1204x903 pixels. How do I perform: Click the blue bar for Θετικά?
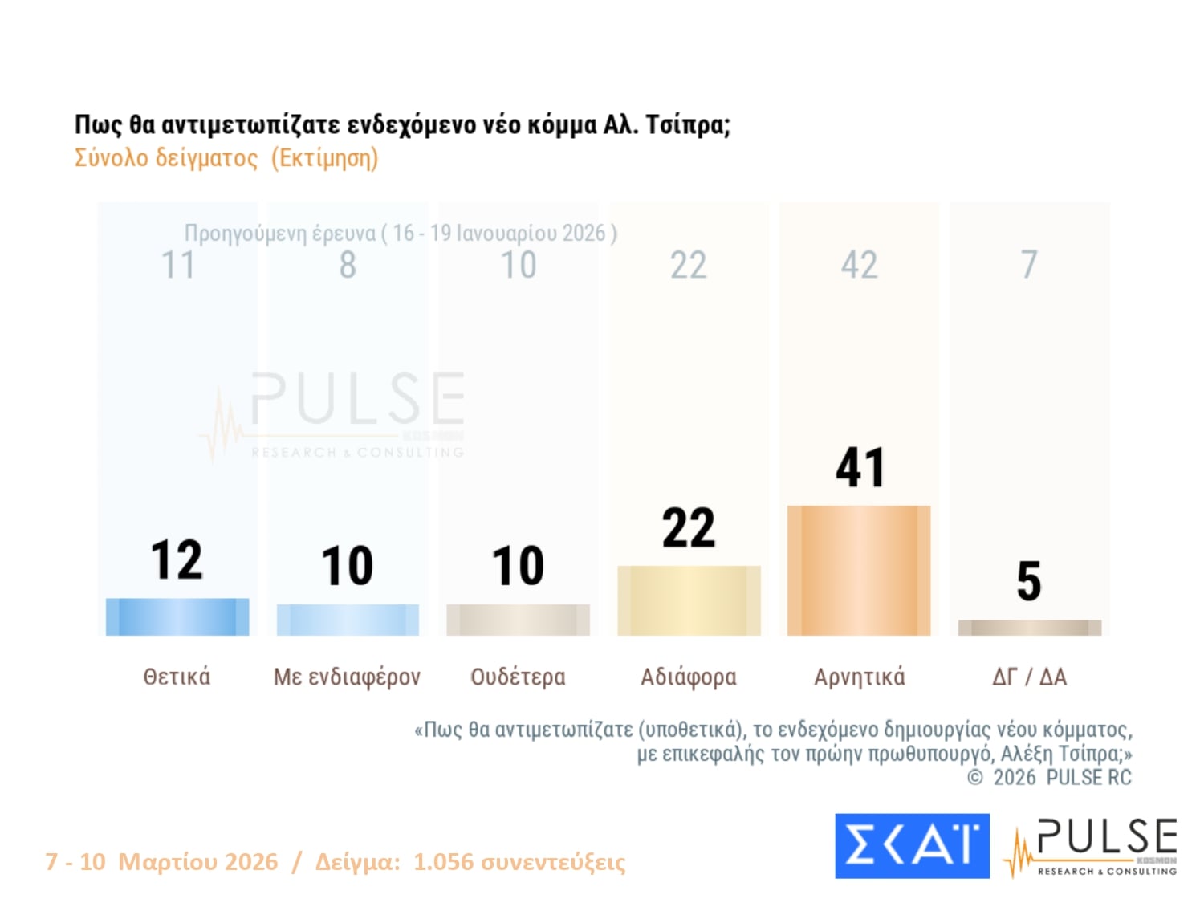(177, 616)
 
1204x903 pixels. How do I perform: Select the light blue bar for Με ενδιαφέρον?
(348, 620)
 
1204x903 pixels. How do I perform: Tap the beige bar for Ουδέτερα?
(518, 620)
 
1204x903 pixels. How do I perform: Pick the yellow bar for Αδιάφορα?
(689, 600)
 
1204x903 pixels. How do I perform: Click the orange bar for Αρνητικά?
(859, 570)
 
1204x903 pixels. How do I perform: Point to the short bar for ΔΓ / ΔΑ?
(1029, 628)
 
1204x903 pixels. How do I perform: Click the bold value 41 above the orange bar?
(859, 467)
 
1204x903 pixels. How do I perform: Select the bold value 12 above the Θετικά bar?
(177, 559)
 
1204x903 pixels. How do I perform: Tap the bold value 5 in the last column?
(1029, 581)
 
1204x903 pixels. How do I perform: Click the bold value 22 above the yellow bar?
(689, 528)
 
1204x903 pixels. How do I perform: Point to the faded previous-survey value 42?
(859, 265)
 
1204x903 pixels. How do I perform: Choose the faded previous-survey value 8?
(348, 265)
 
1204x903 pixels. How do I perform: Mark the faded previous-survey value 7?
(1029, 265)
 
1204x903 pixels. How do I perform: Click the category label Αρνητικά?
(859, 677)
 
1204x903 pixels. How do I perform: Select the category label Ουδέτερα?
(518, 677)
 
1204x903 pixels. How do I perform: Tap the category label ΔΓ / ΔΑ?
(1029, 677)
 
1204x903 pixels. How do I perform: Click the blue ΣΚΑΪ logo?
(912, 846)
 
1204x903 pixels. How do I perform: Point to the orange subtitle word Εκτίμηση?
(324, 158)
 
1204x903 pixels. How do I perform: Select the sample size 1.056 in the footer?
(443, 862)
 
